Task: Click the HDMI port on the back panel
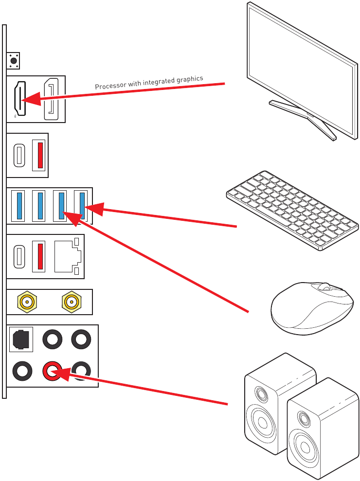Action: (19, 99)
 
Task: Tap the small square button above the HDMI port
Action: (14, 61)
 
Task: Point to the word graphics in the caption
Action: (189, 79)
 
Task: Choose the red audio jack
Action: (51, 372)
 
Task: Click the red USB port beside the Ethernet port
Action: (38, 256)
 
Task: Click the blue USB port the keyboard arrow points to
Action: (82, 206)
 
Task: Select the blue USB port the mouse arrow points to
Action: (61, 206)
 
